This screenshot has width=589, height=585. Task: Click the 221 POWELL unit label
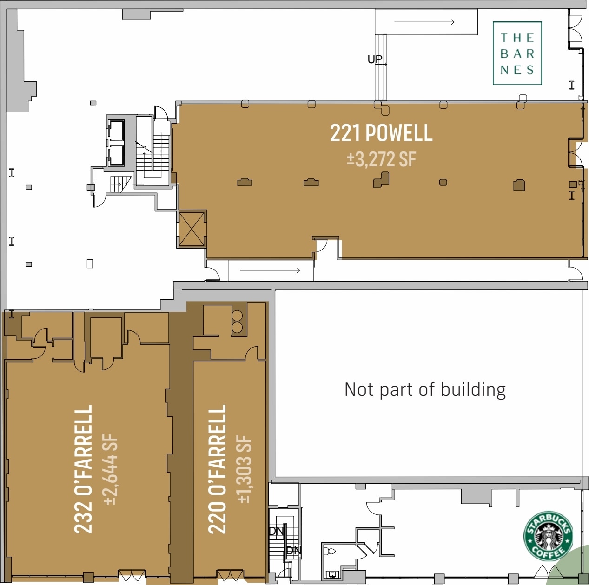coord(381,133)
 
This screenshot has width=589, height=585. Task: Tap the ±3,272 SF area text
coord(381,159)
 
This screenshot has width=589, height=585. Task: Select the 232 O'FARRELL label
coord(84,469)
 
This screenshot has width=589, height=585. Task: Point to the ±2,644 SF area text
coord(111,469)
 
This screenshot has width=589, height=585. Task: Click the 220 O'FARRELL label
coord(218,469)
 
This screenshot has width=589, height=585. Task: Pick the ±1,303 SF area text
coord(245,469)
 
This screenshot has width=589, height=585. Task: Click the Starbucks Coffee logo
coord(548,536)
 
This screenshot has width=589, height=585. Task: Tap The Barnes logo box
coord(517,53)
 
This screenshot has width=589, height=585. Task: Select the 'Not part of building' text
coord(425,389)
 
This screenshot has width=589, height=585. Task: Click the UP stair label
coord(375,59)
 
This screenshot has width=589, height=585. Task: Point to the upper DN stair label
coord(276,531)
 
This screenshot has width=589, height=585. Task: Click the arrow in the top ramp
coord(424,22)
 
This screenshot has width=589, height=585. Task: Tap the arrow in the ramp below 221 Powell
coord(270,270)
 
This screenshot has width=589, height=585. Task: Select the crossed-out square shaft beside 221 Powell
coord(192,229)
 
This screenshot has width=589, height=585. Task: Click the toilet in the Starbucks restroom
coord(329,551)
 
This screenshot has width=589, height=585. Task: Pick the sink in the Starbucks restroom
coord(333,574)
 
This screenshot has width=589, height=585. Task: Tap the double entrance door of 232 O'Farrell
coord(132,575)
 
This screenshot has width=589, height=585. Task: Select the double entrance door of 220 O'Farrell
coord(231,575)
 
